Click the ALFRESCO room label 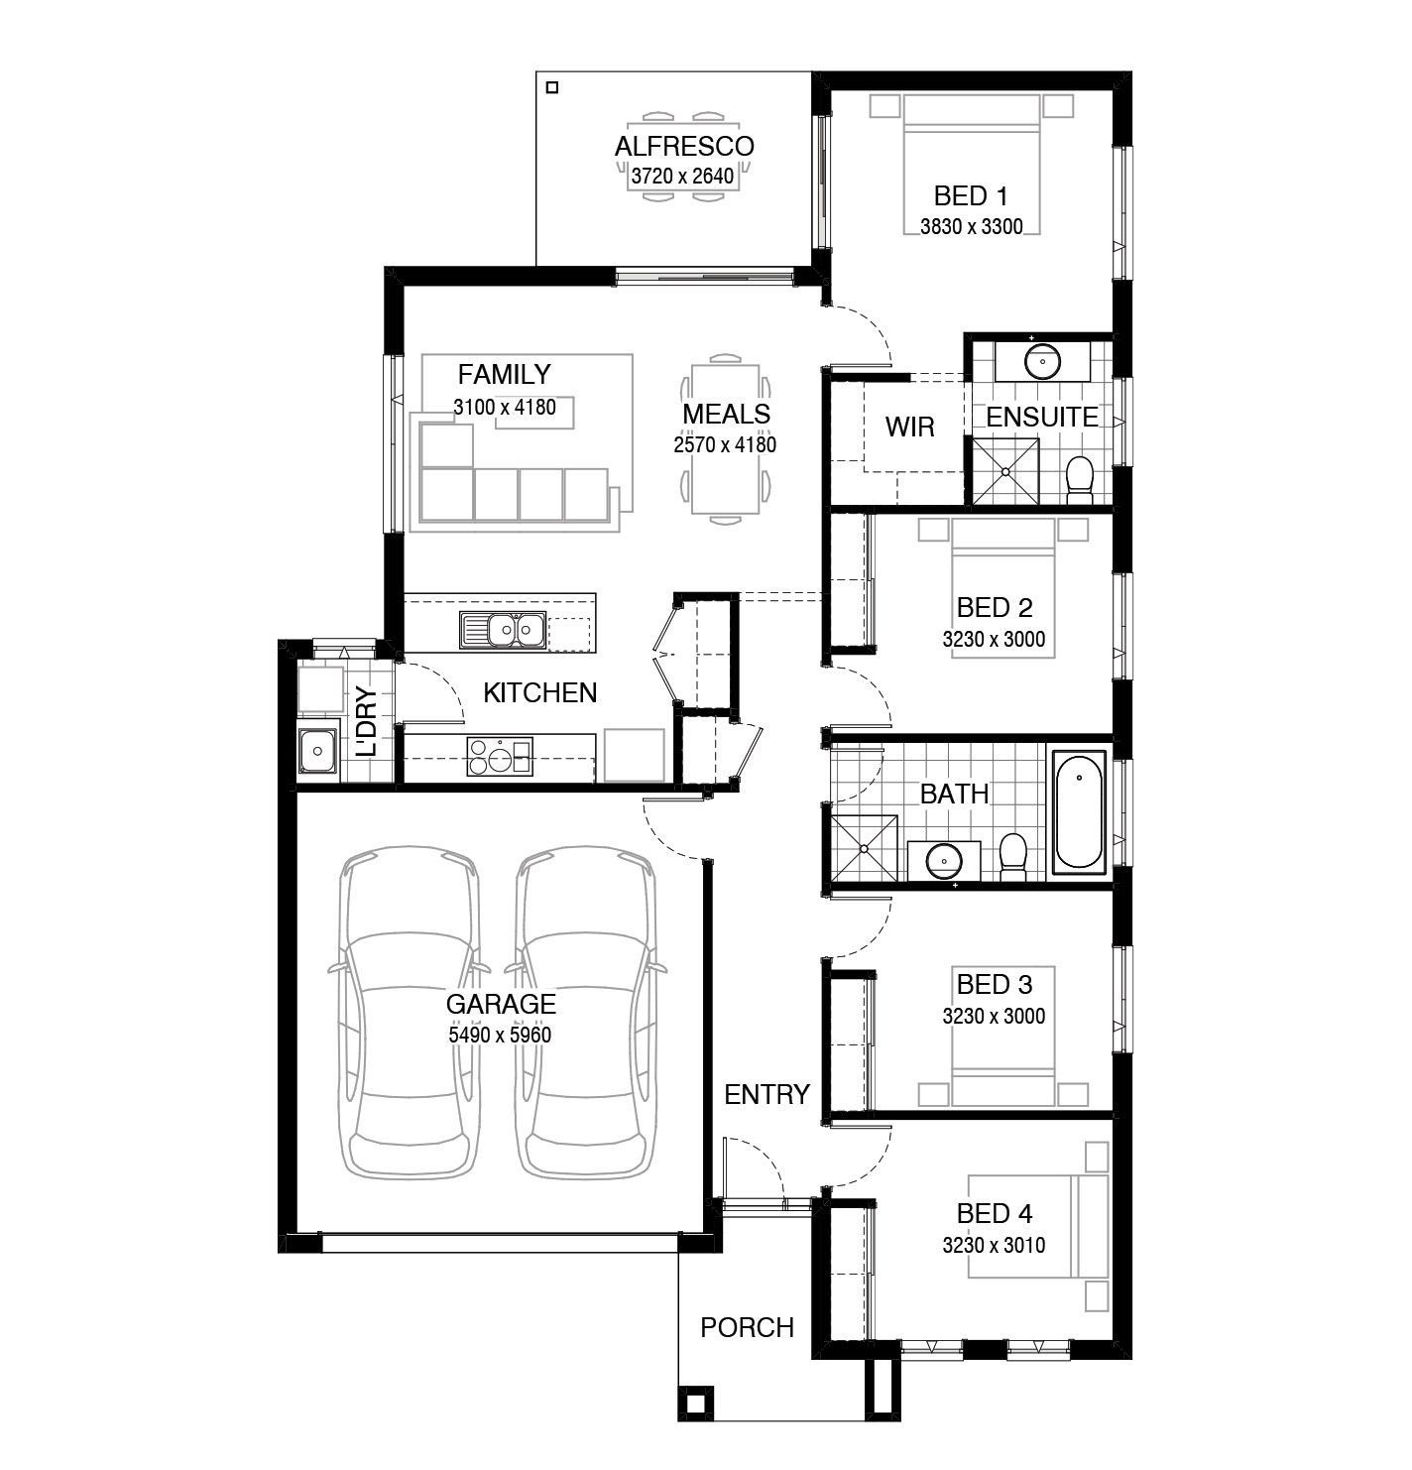pos(684,146)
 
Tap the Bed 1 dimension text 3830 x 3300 pos(971,226)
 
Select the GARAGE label pos(501,1004)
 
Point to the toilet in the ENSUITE pos(1080,480)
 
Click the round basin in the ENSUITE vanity pos(1042,362)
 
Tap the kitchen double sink pos(502,629)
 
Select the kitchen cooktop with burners pos(499,756)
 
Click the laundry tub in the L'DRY pos(318,750)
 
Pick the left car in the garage pos(410,1012)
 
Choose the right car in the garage pos(586,1012)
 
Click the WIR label pos(910,427)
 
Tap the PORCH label pos(747,1327)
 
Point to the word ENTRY pos(766,1094)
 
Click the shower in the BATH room pos(864,848)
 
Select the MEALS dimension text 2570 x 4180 pos(725,444)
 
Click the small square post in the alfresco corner pos(552,87)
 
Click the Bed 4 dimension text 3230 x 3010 pos(994,1245)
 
